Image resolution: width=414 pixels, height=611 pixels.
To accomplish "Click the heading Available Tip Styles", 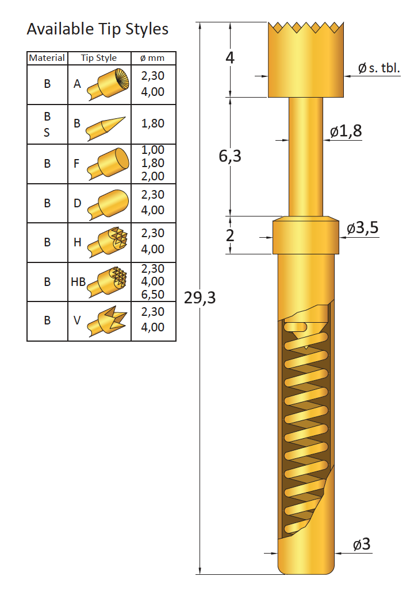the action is click(x=98, y=29).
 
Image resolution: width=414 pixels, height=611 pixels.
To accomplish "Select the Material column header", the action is click(x=47, y=57).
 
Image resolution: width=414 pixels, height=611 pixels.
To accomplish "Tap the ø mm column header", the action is click(x=152, y=58).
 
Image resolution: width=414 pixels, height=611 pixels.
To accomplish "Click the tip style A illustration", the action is click(x=108, y=84).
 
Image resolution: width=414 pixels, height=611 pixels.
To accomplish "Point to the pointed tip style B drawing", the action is click(x=105, y=128).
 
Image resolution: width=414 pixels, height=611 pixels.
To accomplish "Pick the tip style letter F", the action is click(x=76, y=163).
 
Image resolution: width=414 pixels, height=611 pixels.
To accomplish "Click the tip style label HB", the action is click(x=78, y=282).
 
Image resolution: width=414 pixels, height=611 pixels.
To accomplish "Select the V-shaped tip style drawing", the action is click(x=107, y=321).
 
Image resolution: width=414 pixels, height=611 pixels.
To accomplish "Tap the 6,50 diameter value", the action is click(x=152, y=294).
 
